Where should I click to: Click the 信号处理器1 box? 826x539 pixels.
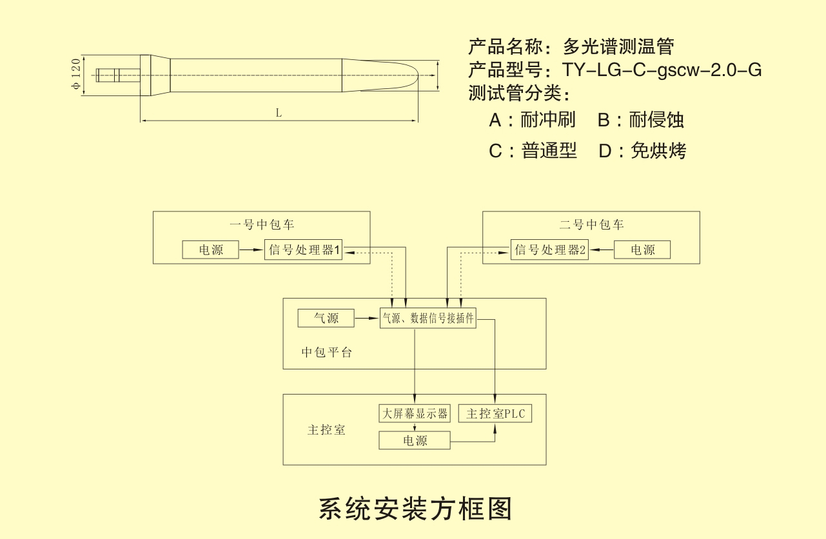(x=304, y=250)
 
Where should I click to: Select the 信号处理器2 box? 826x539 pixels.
(x=550, y=250)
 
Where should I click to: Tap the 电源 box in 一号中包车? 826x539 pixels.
(x=210, y=250)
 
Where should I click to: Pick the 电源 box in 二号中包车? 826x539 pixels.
(x=642, y=250)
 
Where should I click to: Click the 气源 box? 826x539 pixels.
(x=326, y=318)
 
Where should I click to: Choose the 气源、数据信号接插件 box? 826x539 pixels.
(x=428, y=318)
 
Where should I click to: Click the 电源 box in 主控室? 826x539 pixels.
(x=415, y=441)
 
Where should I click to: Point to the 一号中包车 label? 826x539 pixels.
(x=262, y=225)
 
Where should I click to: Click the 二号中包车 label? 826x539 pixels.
(x=591, y=225)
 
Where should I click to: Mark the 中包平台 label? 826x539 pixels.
(x=327, y=353)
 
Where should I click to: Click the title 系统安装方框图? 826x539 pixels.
(x=416, y=508)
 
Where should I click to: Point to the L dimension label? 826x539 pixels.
(x=279, y=113)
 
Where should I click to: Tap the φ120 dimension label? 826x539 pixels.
(x=76, y=75)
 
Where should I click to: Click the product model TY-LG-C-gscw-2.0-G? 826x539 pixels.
(x=663, y=70)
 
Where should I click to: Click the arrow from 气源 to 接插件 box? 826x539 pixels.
(x=367, y=318)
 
